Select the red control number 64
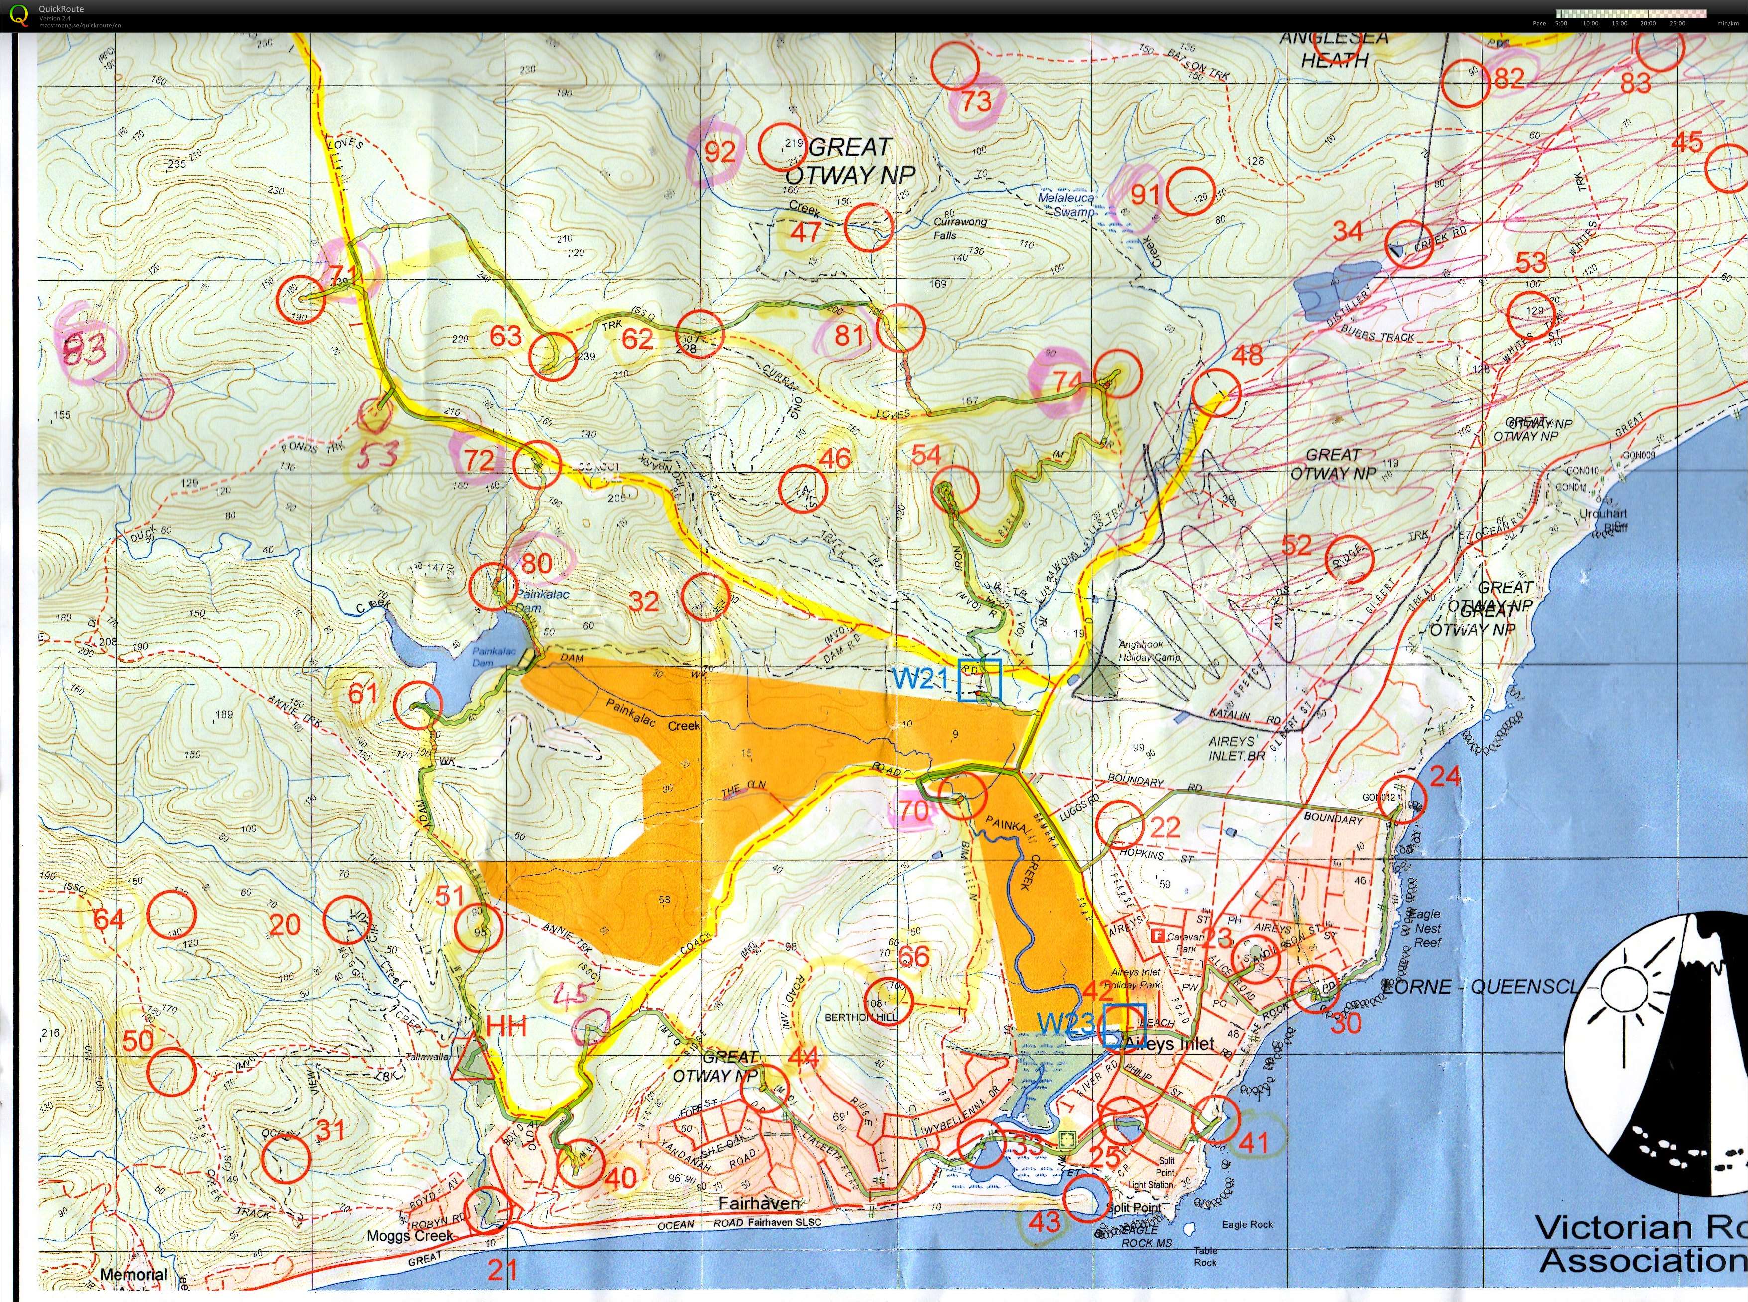109,920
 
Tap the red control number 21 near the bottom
502,1270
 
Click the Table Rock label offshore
1205,1256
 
